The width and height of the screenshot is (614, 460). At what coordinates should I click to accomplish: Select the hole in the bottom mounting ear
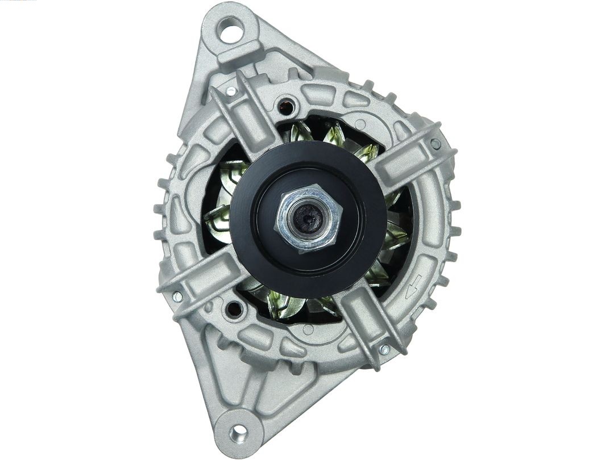pyautogui.click(x=238, y=433)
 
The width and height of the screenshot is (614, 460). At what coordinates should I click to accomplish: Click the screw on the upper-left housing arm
pyautogui.click(x=231, y=91)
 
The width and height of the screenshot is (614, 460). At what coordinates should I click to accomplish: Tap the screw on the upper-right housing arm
pyautogui.click(x=435, y=143)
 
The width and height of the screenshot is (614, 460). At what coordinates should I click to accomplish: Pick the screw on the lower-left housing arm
pyautogui.click(x=177, y=296)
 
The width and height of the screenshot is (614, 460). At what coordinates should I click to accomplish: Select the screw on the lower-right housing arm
pyautogui.click(x=384, y=349)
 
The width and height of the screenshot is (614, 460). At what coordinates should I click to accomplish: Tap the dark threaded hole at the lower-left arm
pyautogui.click(x=233, y=309)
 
